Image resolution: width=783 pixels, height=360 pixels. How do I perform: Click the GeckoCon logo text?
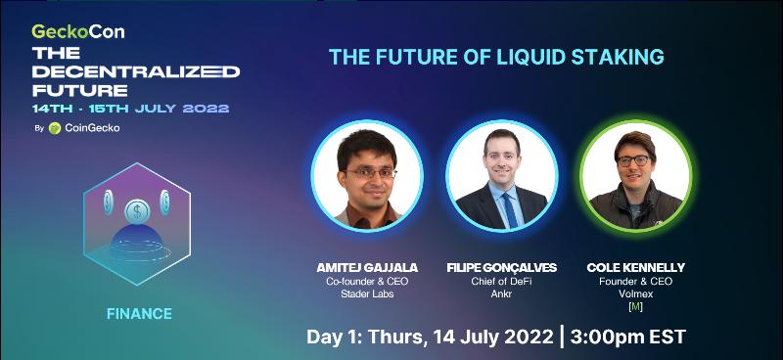click(78, 31)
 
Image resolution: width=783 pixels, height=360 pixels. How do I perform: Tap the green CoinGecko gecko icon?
click(55, 128)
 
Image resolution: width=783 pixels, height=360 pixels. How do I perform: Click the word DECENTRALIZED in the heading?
click(136, 71)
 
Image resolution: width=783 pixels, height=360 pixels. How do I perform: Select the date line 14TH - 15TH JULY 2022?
click(131, 109)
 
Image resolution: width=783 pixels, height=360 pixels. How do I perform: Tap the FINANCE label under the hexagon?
click(139, 314)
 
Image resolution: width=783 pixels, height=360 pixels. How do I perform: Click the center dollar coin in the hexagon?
click(137, 211)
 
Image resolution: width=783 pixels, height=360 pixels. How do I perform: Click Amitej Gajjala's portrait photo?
click(367, 176)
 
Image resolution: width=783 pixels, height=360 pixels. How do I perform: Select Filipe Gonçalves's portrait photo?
click(501, 176)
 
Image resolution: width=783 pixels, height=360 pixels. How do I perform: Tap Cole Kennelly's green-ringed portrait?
click(635, 176)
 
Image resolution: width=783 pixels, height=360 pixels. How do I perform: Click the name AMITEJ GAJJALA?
click(367, 268)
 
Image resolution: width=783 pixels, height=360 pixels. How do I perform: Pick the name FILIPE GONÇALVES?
click(501, 268)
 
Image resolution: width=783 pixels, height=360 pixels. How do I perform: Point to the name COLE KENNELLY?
click(635, 268)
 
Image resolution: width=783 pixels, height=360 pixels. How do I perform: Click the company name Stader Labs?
click(367, 294)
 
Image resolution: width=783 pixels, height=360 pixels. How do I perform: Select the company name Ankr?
click(501, 294)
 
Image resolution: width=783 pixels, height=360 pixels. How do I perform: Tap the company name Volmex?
click(635, 294)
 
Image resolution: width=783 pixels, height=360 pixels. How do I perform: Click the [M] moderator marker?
click(635, 307)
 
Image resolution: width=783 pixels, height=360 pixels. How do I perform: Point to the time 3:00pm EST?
click(628, 337)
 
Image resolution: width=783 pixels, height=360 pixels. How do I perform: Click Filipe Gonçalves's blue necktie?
click(509, 209)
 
